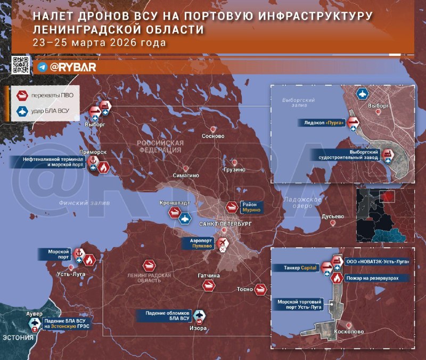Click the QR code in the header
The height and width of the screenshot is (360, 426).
pyautogui.click(x=20, y=64)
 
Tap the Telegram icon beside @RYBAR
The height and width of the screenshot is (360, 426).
pyautogui.click(x=43, y=68)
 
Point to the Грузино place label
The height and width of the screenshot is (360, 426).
pyautogui.click(x=234, y=170)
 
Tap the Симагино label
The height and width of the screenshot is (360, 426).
pyautogui.click(x=186, y=175)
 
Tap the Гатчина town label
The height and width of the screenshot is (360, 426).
pyautogui.click(x=208, y=276)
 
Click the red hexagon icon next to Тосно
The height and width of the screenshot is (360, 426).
pyautogui.click(x=260, y=289)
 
